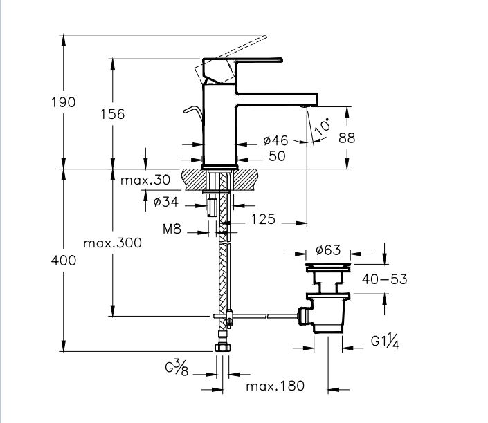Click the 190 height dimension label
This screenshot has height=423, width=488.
pos(63,102)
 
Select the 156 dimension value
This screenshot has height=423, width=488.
pos(112,114)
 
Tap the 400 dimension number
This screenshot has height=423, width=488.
pos(63,261)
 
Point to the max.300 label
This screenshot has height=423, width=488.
pos(111,243)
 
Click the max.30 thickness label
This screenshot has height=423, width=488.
pos(144,180)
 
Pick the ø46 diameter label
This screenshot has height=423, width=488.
pos(275,141)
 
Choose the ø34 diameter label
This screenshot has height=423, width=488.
pos(167,202)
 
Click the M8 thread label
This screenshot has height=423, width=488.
pos(171,228)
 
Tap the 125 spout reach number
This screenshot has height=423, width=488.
pos(262,220)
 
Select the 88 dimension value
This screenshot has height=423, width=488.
pos(347,138)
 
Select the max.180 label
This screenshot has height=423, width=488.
pos(275,386)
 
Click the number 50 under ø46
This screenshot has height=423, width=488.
pos(277,156)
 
